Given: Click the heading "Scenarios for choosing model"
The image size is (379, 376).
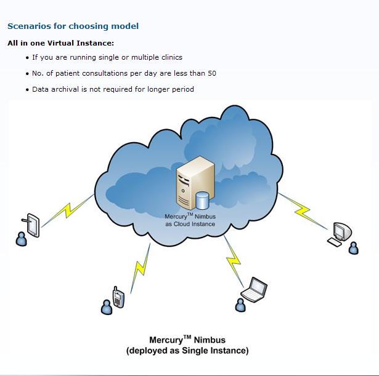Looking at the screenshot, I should click(73, 26).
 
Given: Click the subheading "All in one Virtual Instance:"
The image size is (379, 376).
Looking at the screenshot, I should click(60, 43).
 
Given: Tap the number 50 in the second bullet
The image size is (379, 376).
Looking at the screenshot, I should click(211, 73).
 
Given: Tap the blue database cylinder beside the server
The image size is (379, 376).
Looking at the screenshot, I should click(202, 201).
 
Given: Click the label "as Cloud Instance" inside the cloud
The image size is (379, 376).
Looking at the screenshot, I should click(190, 224).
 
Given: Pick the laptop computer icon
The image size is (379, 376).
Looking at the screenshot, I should click(255, 289).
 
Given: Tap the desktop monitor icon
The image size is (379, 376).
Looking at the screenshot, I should click(340, 231).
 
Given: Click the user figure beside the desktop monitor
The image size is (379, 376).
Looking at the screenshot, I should click(353, 247).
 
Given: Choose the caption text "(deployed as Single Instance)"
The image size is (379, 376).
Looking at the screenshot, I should click(187, 351).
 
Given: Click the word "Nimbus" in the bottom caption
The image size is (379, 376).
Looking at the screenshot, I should click(210, 340).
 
